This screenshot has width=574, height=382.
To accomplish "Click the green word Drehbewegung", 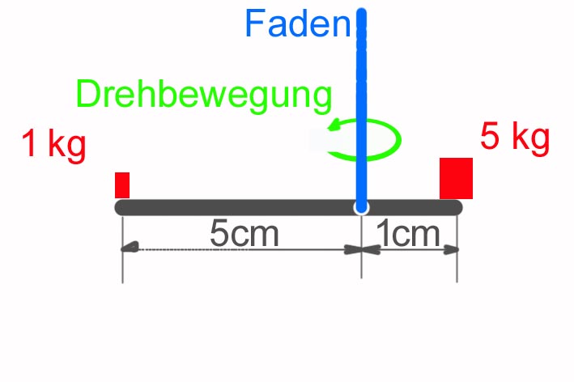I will tap(204, 95).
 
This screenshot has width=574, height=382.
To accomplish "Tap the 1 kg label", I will tap(53, 146).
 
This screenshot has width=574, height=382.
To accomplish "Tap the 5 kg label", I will tap(515, 136).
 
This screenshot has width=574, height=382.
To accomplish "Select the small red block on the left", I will tap(122, 185).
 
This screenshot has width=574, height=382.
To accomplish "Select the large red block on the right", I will tap(456, 179).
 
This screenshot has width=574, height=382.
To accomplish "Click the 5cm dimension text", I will tap(244, 235).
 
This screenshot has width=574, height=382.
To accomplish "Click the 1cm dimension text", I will tap(409, 235).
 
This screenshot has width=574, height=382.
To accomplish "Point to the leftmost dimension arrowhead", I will tap(128, 249).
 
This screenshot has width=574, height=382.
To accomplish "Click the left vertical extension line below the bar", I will tap(122, 267).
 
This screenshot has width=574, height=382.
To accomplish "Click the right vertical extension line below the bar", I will tap(457, 267).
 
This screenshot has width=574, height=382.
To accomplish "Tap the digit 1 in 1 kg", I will tap(30, 146).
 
